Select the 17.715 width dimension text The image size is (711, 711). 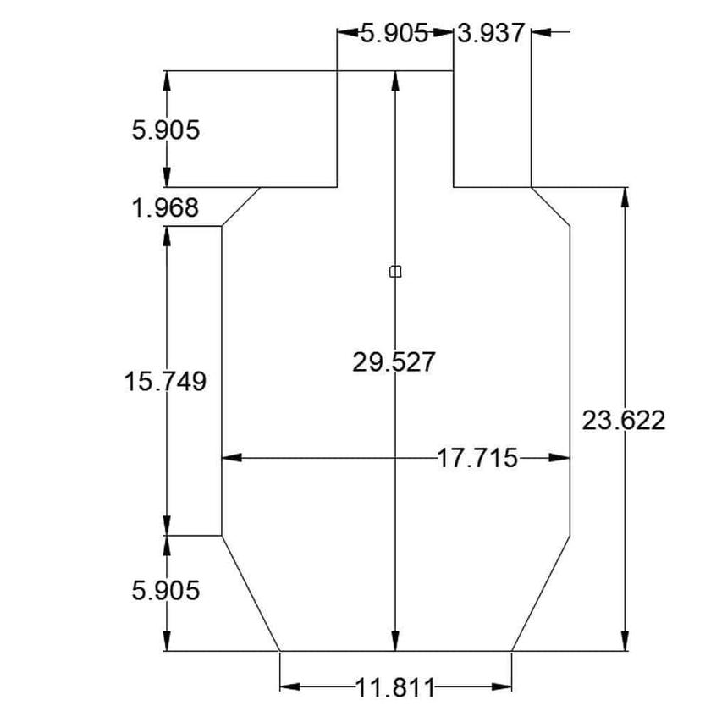pos(477,458)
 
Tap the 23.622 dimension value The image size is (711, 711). pos(623,420)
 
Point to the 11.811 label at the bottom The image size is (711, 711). pos(394,687)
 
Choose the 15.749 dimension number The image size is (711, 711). pos(165,381)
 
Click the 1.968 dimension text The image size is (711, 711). pos(165,207)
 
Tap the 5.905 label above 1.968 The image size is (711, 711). pos(165,130)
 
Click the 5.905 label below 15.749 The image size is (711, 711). pos(165,590)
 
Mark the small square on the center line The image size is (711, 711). pos(394,272)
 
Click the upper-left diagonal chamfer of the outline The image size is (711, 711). pos(240,207)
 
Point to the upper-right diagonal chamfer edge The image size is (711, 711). pos(550,207)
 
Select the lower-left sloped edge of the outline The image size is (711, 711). pos(251,593)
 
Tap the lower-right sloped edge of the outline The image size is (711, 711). pos(540,593)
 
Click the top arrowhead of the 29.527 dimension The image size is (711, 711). pos(394,81)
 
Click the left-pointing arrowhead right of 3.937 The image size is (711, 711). pos(543,32)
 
